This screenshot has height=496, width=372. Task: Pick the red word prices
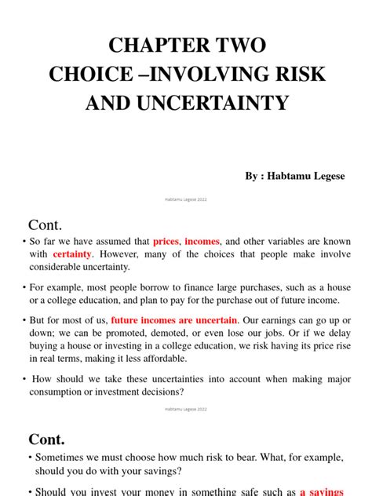click(x=166, y=241)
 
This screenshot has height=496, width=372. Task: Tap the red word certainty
click(x=73, y=254)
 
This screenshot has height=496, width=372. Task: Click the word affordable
click(x=160, y=359)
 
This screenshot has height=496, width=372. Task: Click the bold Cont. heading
click(x=47, y=439)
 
